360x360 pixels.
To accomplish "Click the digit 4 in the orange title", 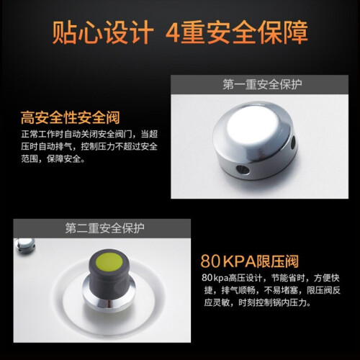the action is [173, 33].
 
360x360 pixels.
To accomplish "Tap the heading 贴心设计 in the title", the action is [103, 32].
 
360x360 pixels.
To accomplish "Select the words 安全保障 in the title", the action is [257, 32].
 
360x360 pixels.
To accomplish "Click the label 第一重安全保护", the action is [262, 84].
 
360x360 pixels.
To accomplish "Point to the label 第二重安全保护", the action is [104, 228].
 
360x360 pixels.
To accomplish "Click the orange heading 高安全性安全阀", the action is [70, 117].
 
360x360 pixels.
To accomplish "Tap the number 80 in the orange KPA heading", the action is [210, 261].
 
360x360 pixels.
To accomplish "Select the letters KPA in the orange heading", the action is [239, 261].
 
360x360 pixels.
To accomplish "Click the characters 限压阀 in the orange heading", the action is [277, 261].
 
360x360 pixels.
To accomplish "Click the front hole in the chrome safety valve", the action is [243, 170].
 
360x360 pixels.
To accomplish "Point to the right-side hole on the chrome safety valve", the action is [293, 142].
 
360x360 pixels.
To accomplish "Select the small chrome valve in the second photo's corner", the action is [24, 246].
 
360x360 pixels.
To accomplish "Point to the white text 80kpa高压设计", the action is [232, 278].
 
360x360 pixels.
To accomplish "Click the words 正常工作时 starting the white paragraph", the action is [42, 134].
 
